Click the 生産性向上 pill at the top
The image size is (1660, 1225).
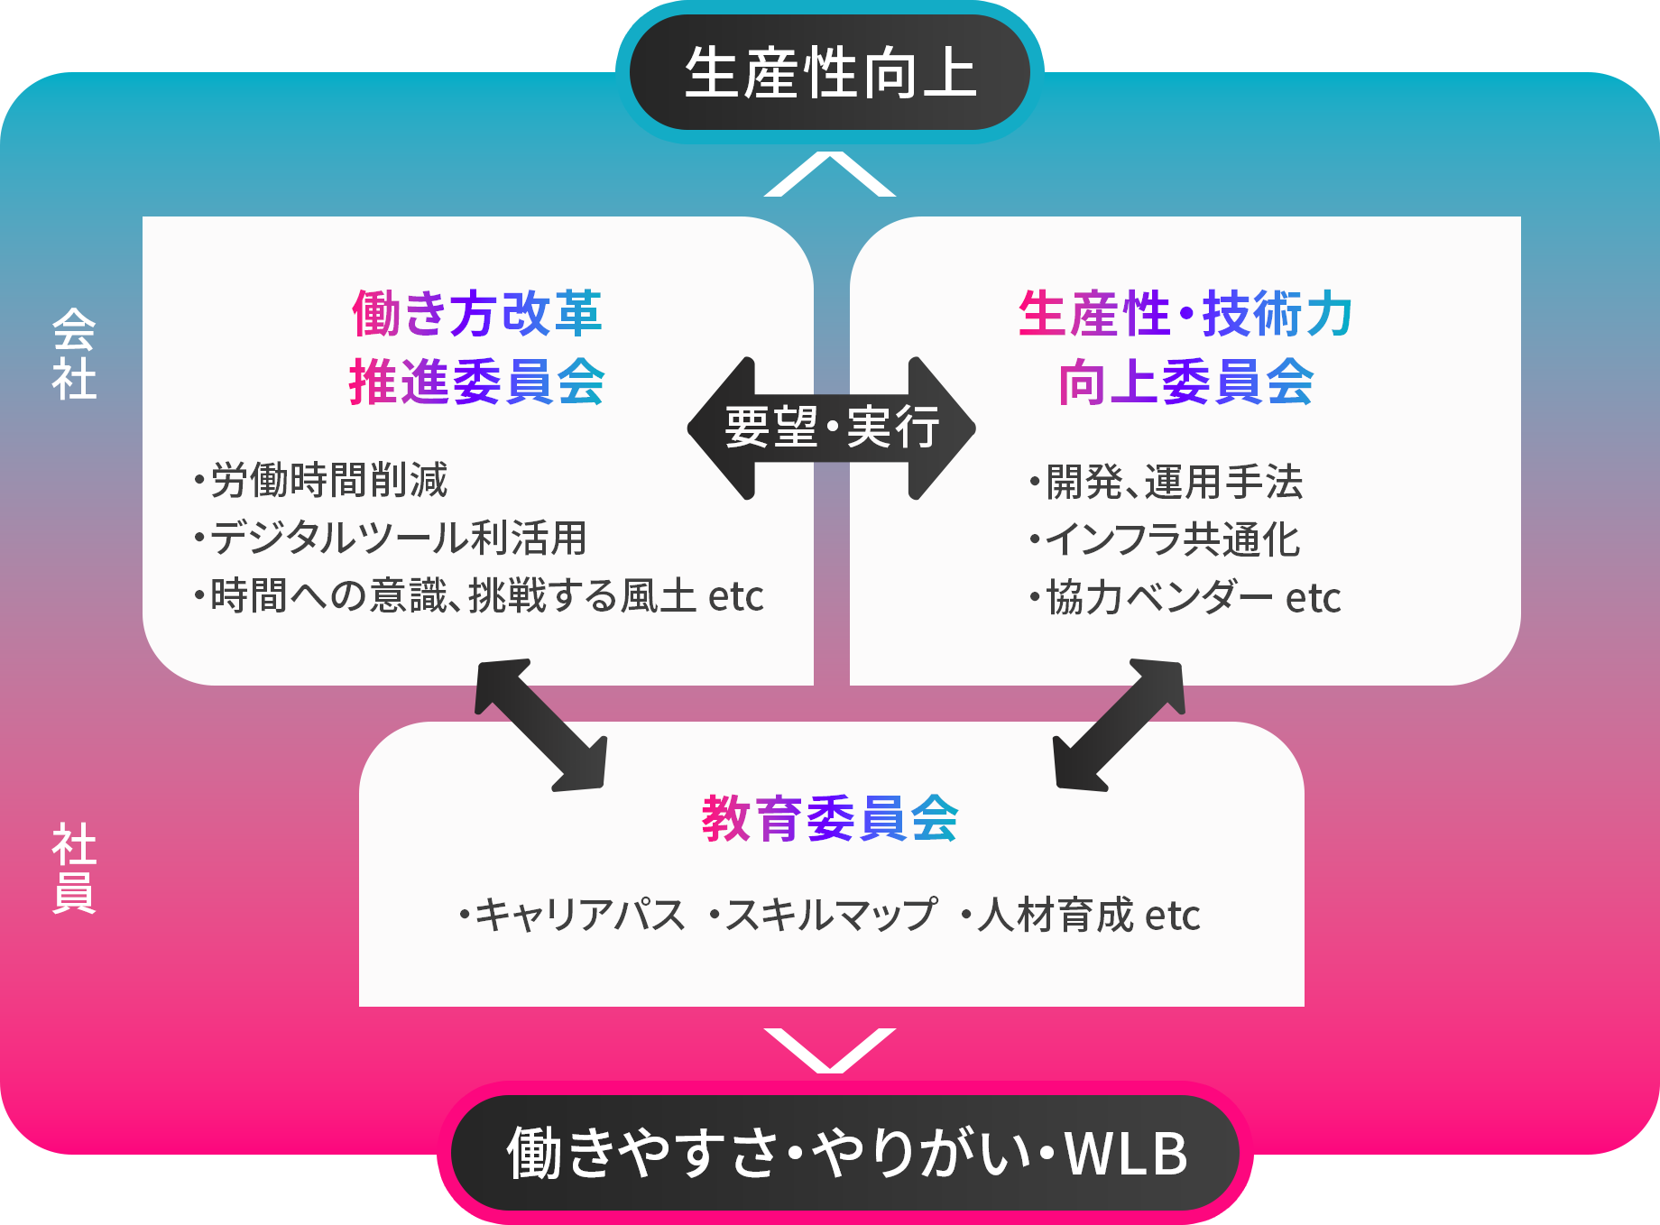830,72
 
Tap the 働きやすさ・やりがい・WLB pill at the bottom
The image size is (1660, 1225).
845,1153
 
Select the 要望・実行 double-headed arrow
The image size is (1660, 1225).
831,428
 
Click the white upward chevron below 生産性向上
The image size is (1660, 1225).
830,174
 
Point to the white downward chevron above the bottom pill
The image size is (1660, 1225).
830,1050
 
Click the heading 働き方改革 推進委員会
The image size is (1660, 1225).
477,347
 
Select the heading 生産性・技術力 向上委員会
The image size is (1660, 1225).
1185,347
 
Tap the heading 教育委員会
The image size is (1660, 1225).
830,818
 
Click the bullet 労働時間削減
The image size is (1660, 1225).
320,480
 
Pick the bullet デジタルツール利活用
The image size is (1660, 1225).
390,538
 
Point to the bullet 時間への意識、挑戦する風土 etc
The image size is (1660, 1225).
478,595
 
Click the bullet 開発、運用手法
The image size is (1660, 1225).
1166,482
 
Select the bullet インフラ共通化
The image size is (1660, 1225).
1165,539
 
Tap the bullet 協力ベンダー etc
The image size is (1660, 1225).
1185,597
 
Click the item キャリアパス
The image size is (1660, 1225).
572,915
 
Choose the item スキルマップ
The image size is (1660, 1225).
823,915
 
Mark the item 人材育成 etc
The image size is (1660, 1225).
1080,915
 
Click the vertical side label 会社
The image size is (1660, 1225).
74,355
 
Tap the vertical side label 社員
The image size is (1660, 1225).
74,869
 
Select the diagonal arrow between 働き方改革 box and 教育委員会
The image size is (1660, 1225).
541,725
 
